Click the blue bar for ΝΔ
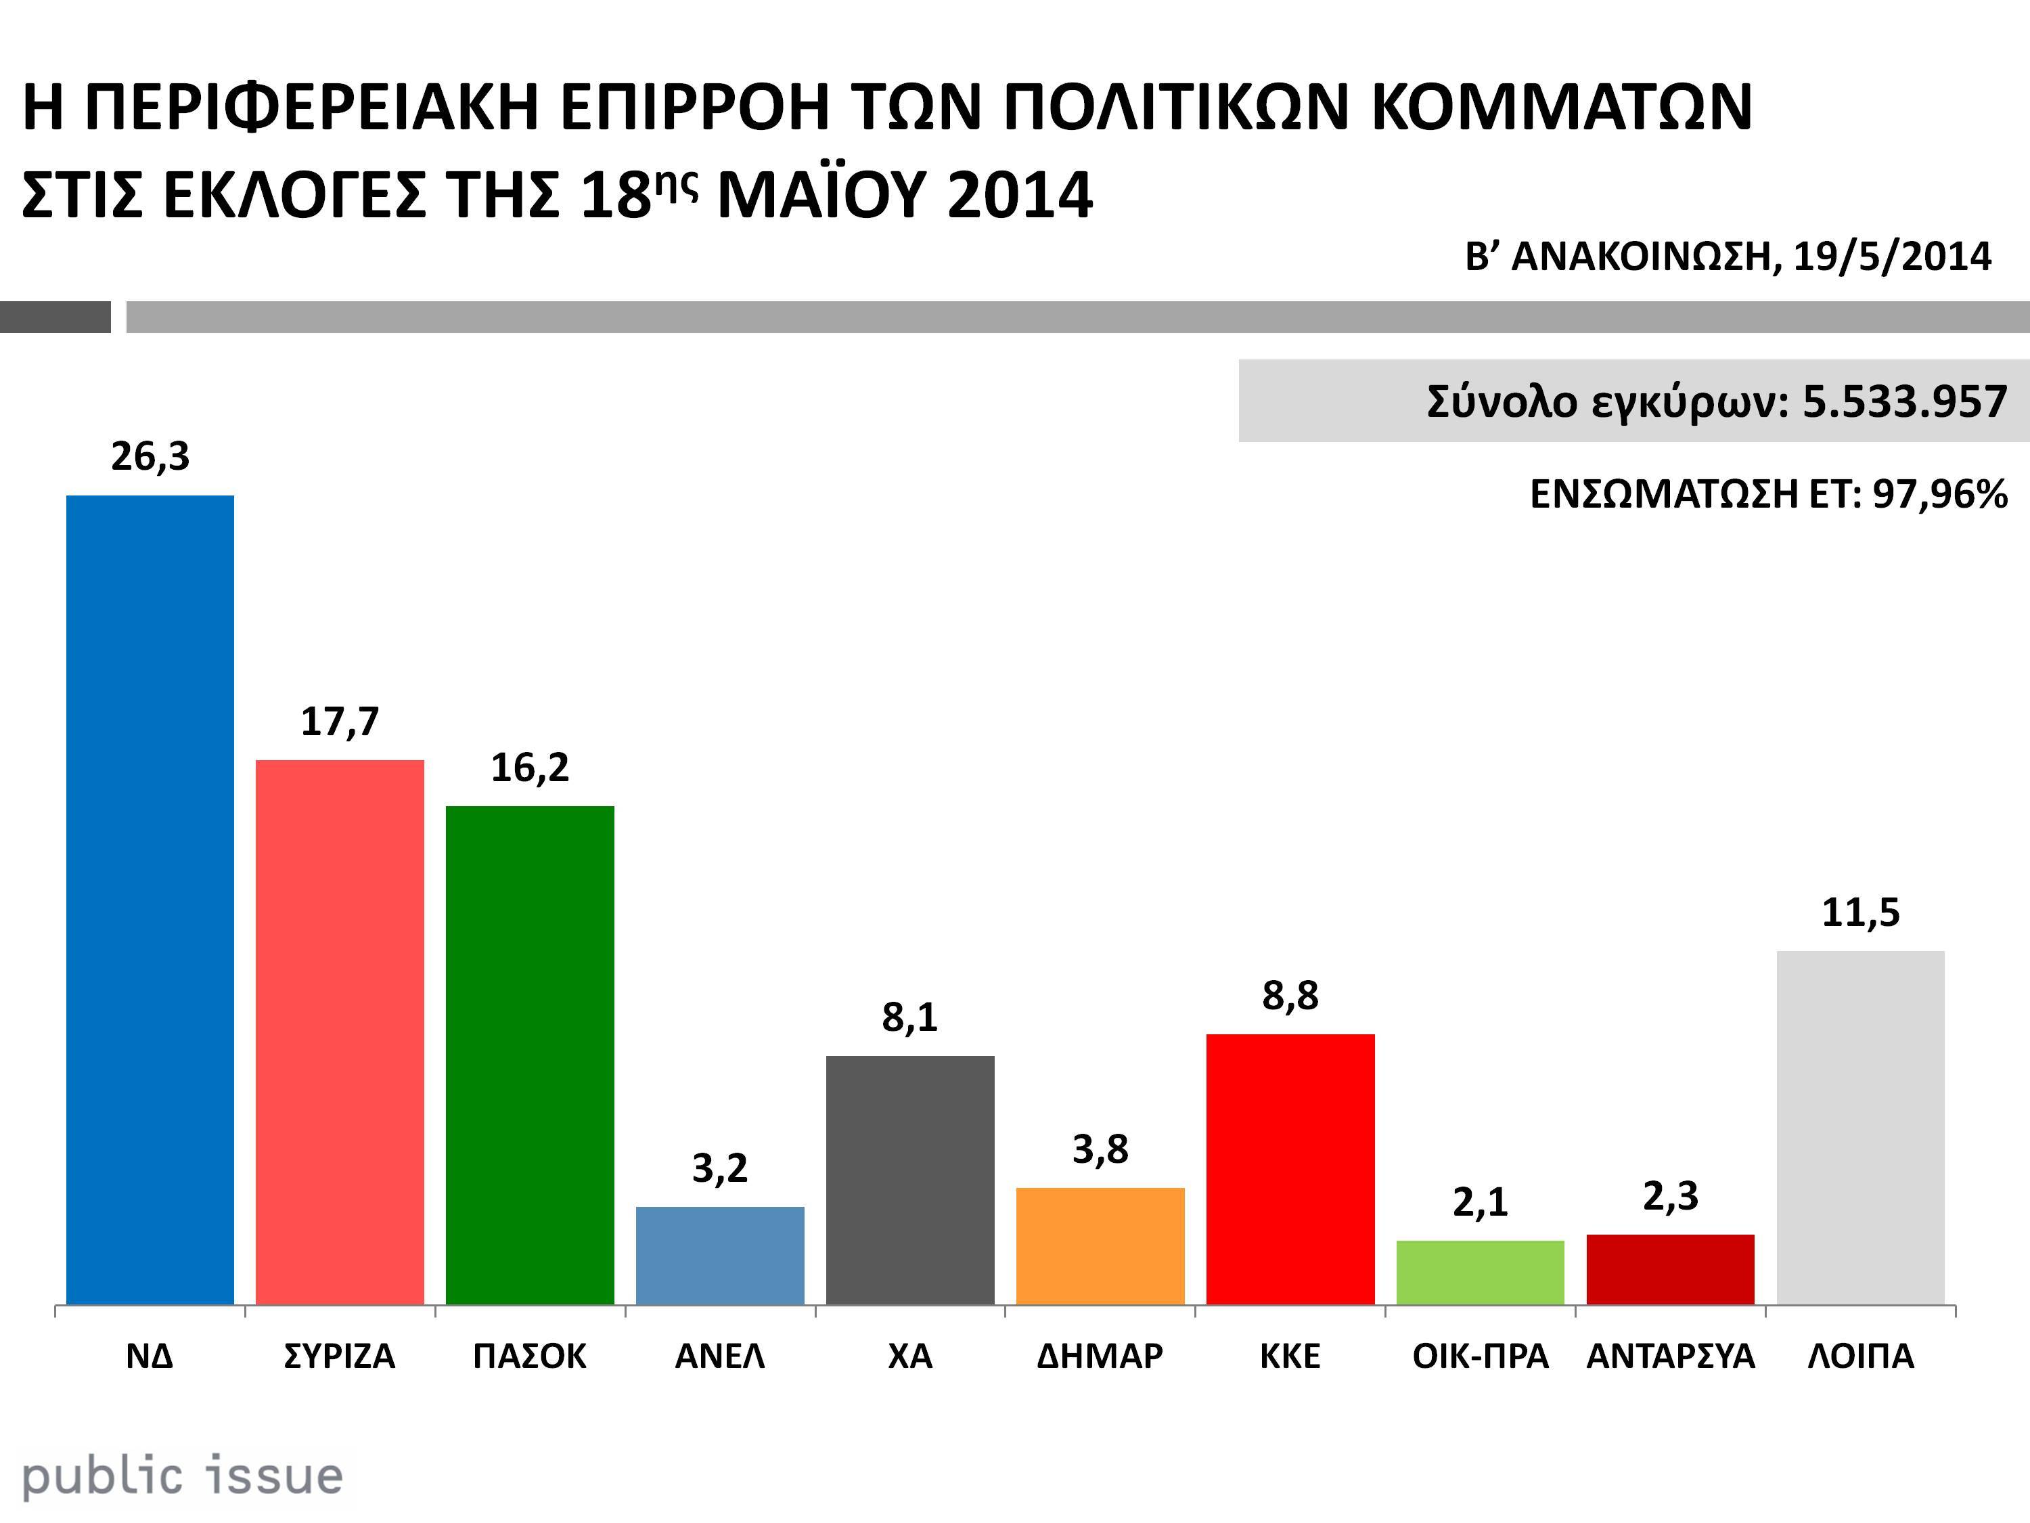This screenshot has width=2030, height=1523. click(x=150, y=900)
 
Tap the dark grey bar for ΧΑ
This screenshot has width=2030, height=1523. click(x=909, y=1180)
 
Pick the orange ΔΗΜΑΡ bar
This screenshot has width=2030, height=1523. click(x=1100, y=1245)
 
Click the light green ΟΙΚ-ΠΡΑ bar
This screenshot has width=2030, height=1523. click(x=1479, y=1273)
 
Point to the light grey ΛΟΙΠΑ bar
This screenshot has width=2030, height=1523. click(x=1860, y=1127)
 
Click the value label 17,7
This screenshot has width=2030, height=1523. click(x=340, y=722)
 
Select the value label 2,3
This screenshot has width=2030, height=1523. click(x=1670, y=1196)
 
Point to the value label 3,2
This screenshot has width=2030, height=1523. click(x=719, y=1168)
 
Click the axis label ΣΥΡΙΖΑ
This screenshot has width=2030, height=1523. click(x=340, y=1356)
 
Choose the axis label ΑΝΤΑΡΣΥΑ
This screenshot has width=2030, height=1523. click(x=1670, y=1356)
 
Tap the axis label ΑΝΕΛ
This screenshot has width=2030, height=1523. click(x=719, y=1356)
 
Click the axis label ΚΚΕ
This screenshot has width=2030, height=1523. click(x=1290, y=1356)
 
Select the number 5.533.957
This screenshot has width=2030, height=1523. click(x=1904, y=401)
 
